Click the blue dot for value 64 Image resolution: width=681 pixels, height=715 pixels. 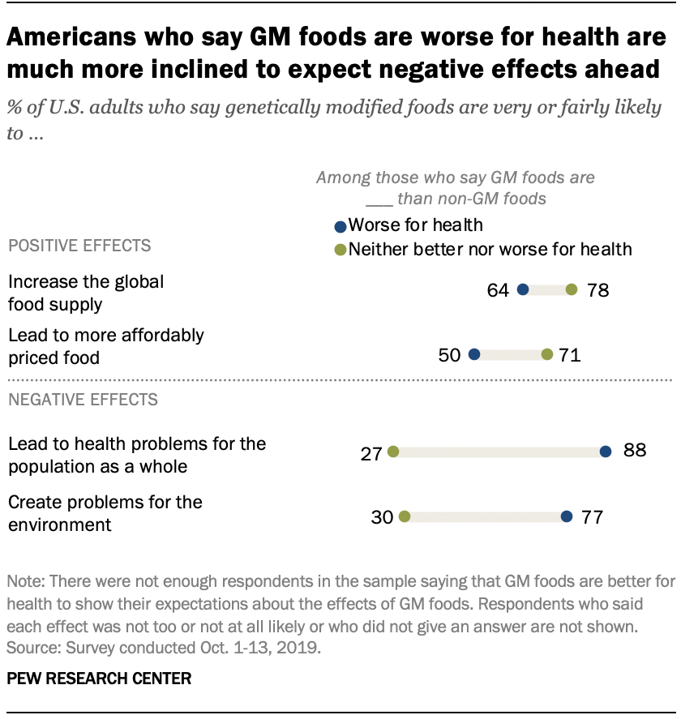tap(523, 289)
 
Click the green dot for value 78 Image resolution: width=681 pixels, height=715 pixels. tap(572, 289)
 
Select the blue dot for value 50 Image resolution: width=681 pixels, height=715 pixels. tap(474, 354)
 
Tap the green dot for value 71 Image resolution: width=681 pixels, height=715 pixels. tap(547, 354)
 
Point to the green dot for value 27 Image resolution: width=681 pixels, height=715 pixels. tap(393, 451)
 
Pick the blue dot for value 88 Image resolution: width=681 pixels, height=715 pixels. tap(605, 451)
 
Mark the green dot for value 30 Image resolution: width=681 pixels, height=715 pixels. tap(405, 516)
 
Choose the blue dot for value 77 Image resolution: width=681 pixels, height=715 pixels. tap(567, 516)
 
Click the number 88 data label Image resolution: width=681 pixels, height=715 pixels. tap(634, 451)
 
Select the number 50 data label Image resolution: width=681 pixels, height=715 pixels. tap(450, 354)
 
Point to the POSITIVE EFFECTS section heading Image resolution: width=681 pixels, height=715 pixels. tap(79, 246)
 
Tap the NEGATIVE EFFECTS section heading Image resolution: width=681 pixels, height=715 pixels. tap(83, 399)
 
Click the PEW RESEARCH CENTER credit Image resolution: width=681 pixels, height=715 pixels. tap(100, 679)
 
